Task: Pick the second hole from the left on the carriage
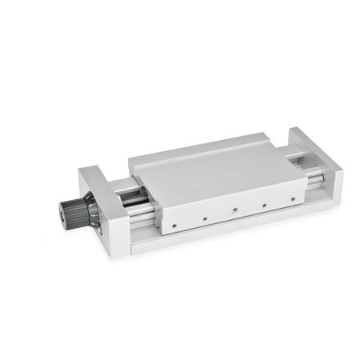204,216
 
